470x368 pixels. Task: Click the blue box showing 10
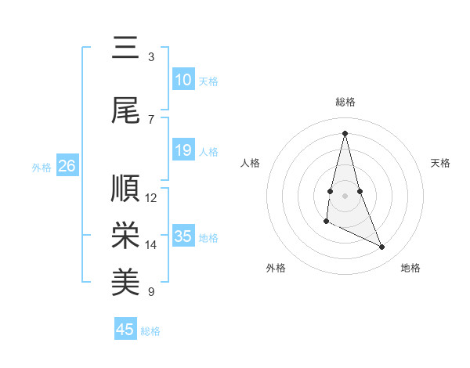tap(183, 80)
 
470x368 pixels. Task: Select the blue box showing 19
tap(183, 150)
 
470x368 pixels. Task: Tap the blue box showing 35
tap(183, 236)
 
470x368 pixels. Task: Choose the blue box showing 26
tap(67, 166)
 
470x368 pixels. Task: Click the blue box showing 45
tap(125, 330)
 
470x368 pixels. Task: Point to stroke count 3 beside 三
tap(151, 56)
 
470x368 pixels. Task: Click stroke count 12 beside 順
tap(151, 198)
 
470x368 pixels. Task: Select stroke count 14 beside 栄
tap(151, 245)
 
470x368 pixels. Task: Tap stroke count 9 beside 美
tap(151, 292)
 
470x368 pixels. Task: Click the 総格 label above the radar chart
tap(345, 103)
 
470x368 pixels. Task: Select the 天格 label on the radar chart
tap(441, 163)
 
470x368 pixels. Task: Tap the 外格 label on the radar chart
tap(276, 268)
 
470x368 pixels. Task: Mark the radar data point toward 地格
tap(382, 247)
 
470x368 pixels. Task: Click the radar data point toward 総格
tap(345, 133)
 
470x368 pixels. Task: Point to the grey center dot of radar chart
tap(345, 195)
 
